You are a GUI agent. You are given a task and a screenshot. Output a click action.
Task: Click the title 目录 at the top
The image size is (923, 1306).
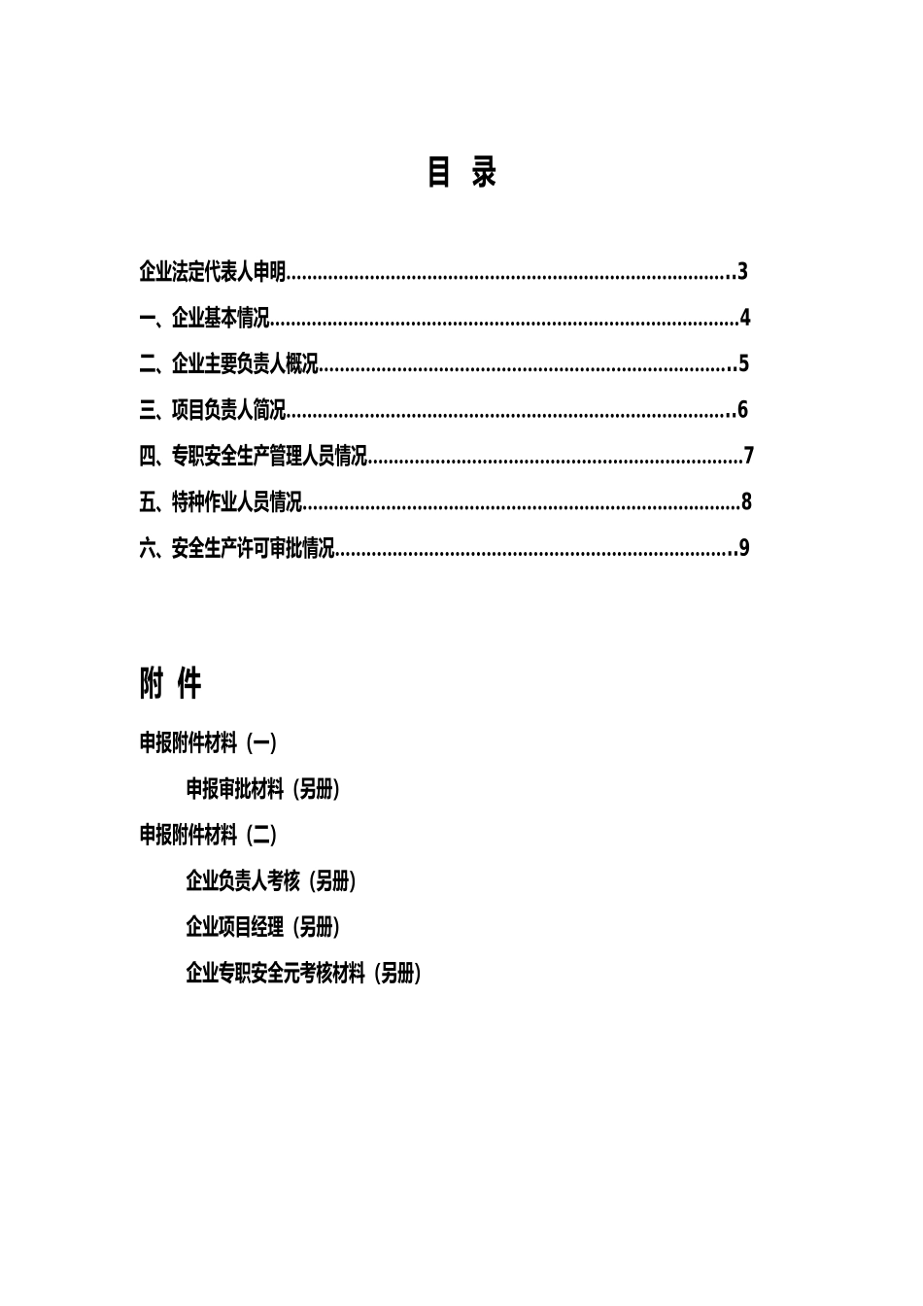coord(461,173)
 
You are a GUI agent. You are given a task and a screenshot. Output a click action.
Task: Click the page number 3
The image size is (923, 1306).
coord(742,272)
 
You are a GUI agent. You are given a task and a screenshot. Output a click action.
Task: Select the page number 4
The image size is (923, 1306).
coord(745,318)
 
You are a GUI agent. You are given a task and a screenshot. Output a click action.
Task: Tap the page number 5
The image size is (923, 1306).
coord(743,364)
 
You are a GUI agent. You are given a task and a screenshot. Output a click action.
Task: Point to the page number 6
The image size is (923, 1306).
coord(742,410)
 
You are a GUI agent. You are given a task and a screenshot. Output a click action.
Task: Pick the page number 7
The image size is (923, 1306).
coord(748,456)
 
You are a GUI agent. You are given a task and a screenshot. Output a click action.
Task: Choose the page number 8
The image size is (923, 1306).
coord(746,502)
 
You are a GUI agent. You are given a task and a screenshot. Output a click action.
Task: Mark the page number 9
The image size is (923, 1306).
coord(744,548)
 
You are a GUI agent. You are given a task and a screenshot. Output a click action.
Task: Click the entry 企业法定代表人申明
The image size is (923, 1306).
coord(213,272)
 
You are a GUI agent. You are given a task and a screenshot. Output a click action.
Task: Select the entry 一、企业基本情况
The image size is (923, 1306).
coord(204,319)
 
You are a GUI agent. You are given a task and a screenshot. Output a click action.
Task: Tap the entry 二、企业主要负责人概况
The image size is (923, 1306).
coord(229,364)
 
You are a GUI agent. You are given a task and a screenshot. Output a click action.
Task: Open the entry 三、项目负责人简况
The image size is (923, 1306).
coord(213,410)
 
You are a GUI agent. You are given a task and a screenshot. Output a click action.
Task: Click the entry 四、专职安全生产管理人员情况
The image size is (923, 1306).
coord(254,456)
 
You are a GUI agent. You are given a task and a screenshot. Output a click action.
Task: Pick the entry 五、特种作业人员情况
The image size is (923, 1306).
coord(221,502)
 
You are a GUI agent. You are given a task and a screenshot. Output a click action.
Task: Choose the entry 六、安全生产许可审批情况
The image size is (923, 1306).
coord(237,549)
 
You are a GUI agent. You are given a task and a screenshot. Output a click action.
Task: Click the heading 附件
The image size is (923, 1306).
coord(170,684)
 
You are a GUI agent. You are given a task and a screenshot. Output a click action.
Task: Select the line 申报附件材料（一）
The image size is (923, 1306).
coord(208,743)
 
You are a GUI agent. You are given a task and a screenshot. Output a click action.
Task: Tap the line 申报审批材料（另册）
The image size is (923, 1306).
coord(262,789)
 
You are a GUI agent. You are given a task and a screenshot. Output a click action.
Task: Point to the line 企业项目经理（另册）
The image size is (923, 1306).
coord(262,927)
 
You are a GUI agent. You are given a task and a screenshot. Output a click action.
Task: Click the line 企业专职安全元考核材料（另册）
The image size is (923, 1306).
coord(303,973)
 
